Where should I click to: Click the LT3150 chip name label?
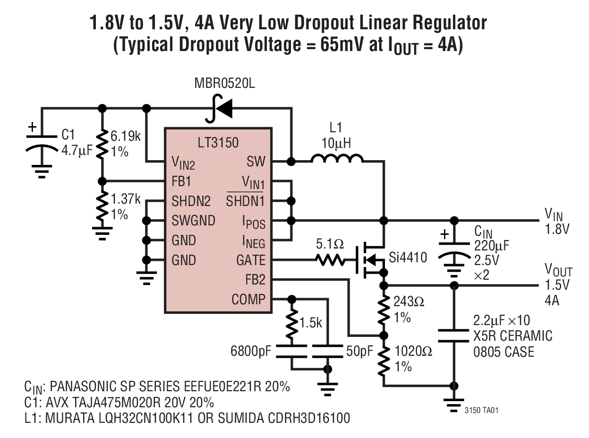[x=218, y=142]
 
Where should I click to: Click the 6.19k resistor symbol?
[x=102, y=145]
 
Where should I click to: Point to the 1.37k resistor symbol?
[x=102, y=206]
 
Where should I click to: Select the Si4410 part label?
[x=408, y=258]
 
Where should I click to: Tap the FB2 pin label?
[x=255, y=280]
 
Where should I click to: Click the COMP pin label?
[x=248, y=300]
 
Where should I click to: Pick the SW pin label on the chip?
[x=256, y=162]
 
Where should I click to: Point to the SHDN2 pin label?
[x=191, y=201]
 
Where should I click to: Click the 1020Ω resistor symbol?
[x=384, y=359]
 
